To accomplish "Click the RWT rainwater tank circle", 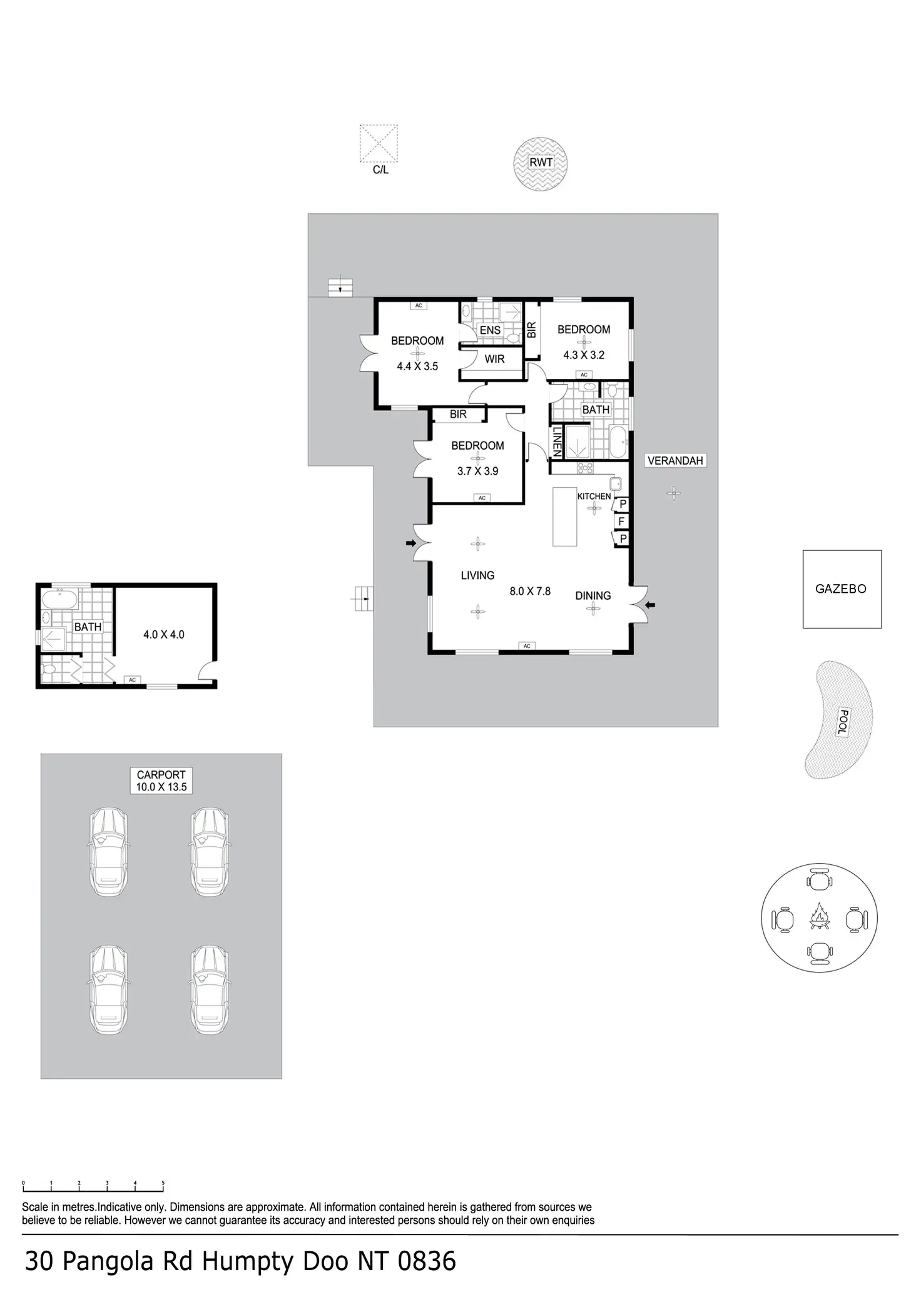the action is pos(541,164).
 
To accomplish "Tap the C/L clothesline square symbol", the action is pos(379,143).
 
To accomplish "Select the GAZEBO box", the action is pos(842,589).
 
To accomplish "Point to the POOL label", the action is pos(844,722).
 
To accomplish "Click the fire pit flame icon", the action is pos(819,917).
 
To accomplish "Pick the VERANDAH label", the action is pos(675,461).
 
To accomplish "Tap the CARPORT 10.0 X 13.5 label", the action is pos(161,781).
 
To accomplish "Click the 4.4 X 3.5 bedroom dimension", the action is pos(417,366).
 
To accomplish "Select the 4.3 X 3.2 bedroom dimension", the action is pos(584,355).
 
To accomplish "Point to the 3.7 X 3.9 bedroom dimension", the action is pos(477,472).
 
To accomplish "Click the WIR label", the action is pos(494,360).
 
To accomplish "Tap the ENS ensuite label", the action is pos(490,330).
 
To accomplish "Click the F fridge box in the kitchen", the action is pos(621,521).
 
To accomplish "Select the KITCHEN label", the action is pos(594,497).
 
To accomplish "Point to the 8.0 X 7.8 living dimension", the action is pos(530,591).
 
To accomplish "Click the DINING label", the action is pos(593,596).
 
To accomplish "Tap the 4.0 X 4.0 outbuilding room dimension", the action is pos(164,635).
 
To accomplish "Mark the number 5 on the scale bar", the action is pos(163,1183).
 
